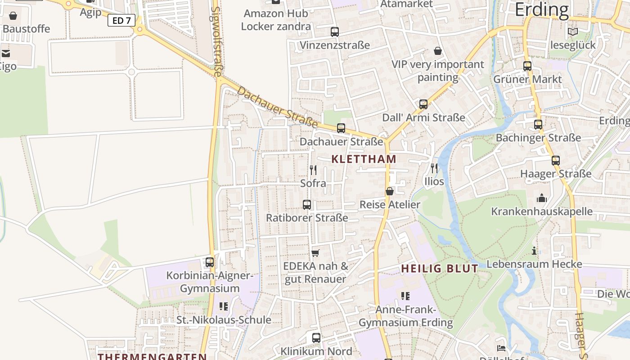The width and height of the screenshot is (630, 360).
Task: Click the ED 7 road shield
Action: click(x=121, y=20)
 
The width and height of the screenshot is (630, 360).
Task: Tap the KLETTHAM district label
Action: click(x=364, y=159)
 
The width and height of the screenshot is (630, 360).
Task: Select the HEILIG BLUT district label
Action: click(x=440, y=269)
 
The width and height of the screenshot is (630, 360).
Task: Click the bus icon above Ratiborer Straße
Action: click(x=307, y=205)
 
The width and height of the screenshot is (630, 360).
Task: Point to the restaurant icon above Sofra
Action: click(x=313, y=170)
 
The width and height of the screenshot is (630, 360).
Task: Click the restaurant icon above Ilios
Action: click(x=434, y=168)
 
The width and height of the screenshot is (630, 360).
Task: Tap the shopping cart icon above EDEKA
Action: click(x=315, y=253)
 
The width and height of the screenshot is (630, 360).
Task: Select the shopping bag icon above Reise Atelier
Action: click(x=390, y=191)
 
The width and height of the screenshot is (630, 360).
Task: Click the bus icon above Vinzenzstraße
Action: click(x=334, y=31)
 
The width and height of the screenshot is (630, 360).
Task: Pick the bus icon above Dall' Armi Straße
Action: click(x=423, y=104)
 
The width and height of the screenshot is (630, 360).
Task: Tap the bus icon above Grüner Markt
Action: click(x=527, y=66)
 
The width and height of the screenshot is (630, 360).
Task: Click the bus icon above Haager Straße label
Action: click(x=556, y=161)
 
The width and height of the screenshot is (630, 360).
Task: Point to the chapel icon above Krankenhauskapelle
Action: click(x=542, y=198)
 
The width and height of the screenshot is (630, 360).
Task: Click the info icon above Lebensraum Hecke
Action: click(x=534, y=251)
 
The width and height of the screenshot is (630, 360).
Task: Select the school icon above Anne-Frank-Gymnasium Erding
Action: click(x=405, y=296)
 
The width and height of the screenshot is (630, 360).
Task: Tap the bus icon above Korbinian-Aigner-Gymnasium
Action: click(x=210, y=262)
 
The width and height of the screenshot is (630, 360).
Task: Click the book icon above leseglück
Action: click(x=573, y=31)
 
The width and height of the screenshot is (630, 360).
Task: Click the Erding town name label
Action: click(x=542, y=9)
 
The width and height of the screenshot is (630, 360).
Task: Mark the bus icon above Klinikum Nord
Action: click(x=316, y=337)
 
